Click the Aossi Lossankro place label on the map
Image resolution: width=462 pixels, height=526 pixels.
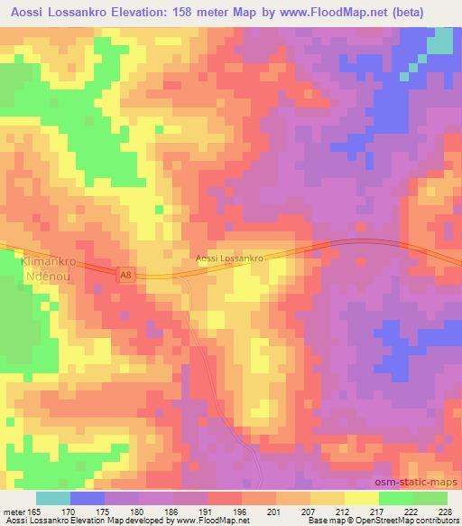coord(229,258)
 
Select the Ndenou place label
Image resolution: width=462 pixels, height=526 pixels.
coord(44,277)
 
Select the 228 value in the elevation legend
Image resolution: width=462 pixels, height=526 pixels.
coord(445,511)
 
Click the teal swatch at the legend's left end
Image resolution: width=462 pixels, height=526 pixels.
coord(53,498)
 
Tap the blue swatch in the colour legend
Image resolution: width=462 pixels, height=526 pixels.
coord(88,498)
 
